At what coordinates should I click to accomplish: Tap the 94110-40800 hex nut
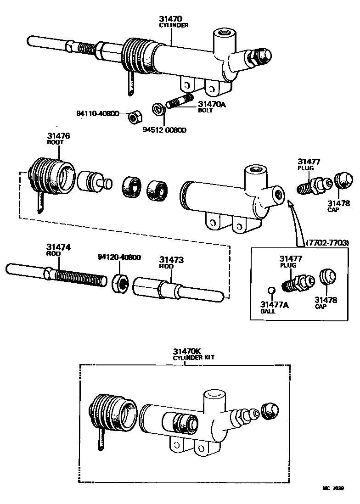134,117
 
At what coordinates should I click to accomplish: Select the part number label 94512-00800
164,130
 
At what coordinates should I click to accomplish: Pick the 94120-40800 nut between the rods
121,284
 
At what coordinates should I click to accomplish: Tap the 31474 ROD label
58,250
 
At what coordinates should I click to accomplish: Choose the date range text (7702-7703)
327,242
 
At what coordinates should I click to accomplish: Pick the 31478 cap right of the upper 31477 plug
343,180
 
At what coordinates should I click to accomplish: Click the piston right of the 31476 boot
93,182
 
